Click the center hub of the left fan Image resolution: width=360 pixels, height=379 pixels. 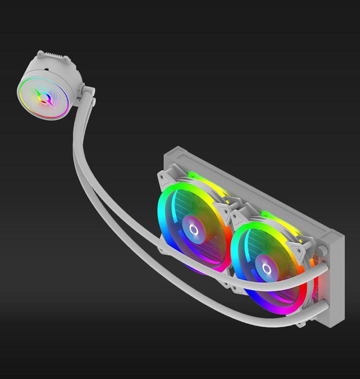click(x=193, y=231)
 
